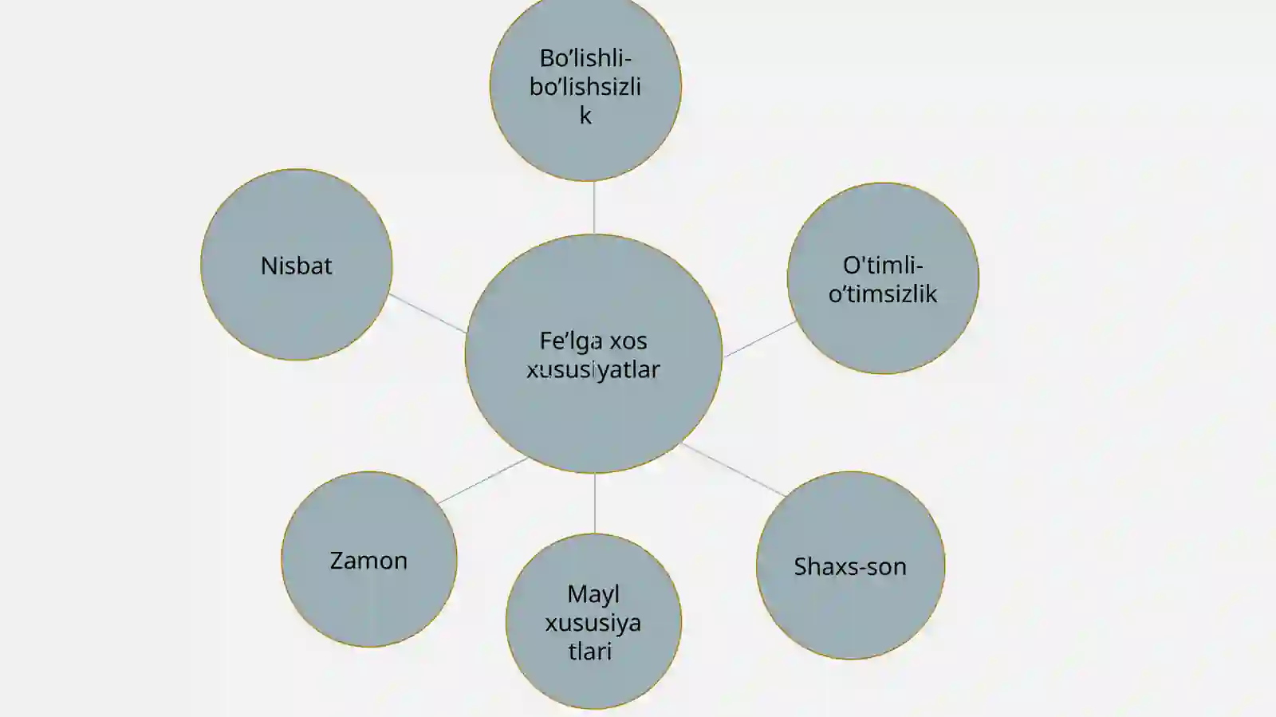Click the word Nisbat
[x=296, y=266]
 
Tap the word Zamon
[x=368, y=561]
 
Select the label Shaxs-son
[x=850, y=566]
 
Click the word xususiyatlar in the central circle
[x=593, y=370]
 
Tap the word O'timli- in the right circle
[x=883, y=266]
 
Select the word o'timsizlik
[x=882, y=293]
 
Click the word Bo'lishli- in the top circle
[x=585, y=58]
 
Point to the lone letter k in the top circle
[x=585, y=116]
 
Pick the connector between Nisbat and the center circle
[x=427, y=313]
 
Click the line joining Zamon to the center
[x=483, y=481]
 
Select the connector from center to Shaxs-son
[x=734, y=470]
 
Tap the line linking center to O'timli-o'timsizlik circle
[x=759, y=340]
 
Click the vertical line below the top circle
[x=594, y=207]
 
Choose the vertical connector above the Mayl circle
[x=595, y=503]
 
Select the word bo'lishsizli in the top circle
[x=585, y=87]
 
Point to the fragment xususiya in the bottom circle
[x=593, y=624]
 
